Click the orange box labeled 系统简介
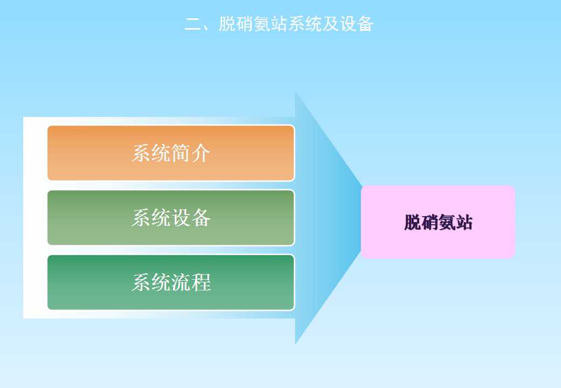[171, 153]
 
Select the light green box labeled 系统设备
[171, 218]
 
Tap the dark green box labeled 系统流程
[171, 282]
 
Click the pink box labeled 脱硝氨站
[437, 222]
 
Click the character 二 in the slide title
[193, 24]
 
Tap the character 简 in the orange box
[181, 153]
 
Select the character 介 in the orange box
[201, 153]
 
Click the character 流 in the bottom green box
[181, 282]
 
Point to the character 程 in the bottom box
[201, 282]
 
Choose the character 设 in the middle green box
[181, 218]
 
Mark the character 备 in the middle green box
[201, 218]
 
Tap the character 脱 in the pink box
[413, 222]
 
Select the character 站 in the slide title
[279, 24]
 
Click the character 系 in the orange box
[141, 153]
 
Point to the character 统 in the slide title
[313, 24]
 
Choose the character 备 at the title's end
[365, 24]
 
